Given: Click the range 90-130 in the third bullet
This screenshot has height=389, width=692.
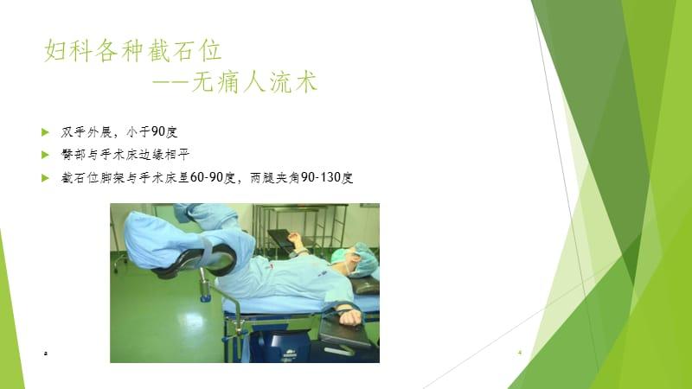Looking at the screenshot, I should click(313, 177).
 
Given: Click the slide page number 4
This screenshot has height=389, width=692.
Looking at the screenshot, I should click(519, 354).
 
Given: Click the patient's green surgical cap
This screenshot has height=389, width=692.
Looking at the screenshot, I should click(362, 257).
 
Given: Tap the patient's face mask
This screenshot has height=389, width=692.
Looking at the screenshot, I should click(342, 258).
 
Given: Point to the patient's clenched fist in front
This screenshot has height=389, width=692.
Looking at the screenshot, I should click(349, 317).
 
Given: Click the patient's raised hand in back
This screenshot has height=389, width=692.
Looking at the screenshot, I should click(294, 239).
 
